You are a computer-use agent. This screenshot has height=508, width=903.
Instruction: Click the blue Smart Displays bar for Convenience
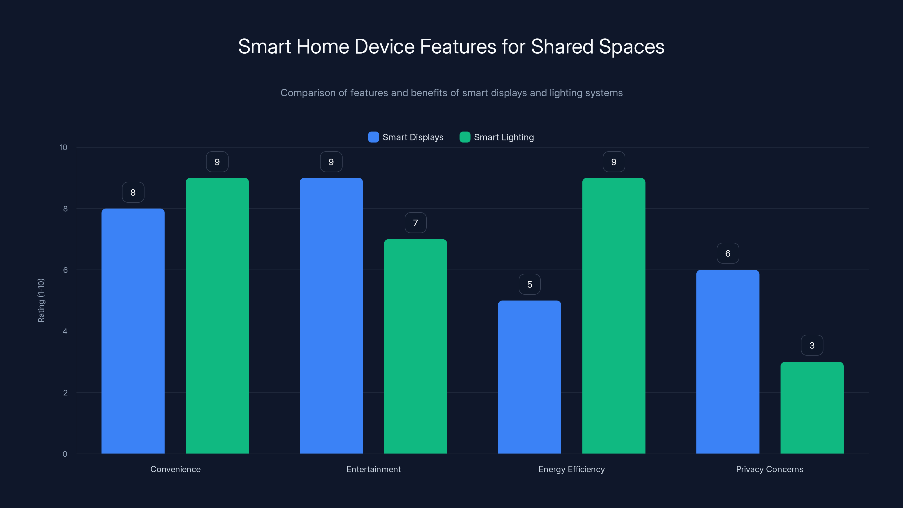[133, 331]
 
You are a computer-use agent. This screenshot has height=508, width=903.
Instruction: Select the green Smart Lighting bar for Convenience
[217, 316]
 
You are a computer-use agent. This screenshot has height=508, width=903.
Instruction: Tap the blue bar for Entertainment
[331, 316]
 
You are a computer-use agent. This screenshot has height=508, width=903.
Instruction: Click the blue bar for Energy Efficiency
[529, 377]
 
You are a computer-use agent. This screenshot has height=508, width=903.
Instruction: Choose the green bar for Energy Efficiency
[613, 316]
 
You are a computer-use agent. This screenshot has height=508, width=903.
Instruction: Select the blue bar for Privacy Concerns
[728, 362]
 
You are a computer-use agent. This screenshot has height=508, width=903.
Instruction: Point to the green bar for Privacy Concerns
[812, 408]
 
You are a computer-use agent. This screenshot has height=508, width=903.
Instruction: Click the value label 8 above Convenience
[133, 192]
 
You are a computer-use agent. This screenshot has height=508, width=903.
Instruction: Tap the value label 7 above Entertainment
[415, 223]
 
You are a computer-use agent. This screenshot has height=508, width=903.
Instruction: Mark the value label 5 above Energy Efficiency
[529, 284]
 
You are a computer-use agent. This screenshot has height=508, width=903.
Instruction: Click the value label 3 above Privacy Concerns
[812, 345]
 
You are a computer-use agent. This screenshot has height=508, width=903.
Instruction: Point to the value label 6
[728, 253]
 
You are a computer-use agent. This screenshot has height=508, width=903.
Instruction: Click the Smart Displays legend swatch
[373, 137]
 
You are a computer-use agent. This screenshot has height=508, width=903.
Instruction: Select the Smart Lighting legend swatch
[465, 137]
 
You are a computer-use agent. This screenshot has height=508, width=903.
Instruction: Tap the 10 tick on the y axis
[63, 148]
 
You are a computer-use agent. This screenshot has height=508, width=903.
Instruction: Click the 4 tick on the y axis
[65, 331]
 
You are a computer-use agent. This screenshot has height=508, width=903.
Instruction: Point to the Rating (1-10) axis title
[41, 301]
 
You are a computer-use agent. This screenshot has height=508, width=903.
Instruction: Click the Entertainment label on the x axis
[373, 469]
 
